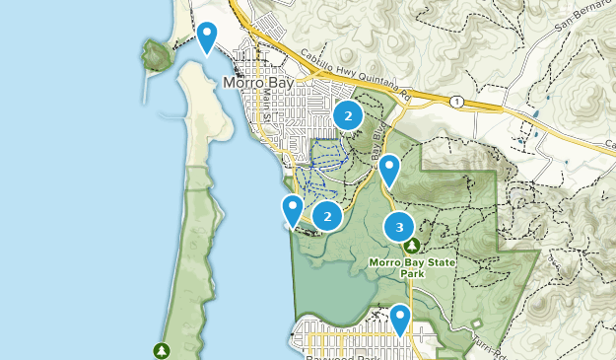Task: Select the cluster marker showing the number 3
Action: (x=399, y=228)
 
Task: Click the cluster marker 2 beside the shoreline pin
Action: (x=327, y=215)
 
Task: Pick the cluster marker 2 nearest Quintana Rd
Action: (x=347, y=116)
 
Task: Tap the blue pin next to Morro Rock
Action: (x=207, y=37)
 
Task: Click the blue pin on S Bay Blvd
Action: (x=390, y=170)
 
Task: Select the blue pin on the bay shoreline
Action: (x=293, y=209)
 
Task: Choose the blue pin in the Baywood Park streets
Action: (x=400, y=319)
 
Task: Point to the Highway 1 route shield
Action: (x=457, y=101)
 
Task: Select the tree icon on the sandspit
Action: (x=160, y=350)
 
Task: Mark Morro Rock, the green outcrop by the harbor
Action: (x=156, y=55)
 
